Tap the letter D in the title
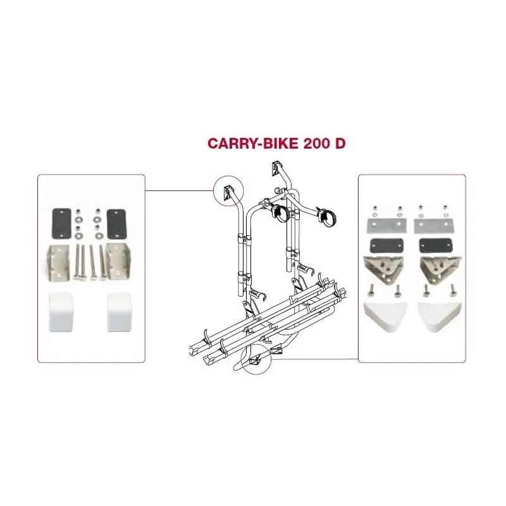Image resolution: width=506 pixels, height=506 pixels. pyautogui.click(x=340, y=143)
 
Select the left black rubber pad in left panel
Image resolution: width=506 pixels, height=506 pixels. pyautogui.click(x=61, y=224)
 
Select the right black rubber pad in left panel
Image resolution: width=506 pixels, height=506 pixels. pyautogui.click(x=116, y=224)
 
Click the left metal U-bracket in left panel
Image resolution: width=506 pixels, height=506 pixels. pyautogui.click(x=59, y=263)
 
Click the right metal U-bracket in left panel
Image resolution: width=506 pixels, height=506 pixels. pyautogui.click(x=118, y=263)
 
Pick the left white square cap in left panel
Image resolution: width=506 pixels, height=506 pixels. pyautogui.click(x=61, y=312)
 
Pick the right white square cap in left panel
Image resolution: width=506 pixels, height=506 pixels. pyautogui.click(x=119, y=312)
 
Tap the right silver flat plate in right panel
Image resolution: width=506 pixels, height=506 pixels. pyautogui.click(x=435, y=225)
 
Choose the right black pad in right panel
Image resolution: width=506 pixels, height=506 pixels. pyautogui.click(x=435, y=246)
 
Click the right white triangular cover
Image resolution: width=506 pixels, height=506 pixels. pyautogui.click(x=439, y=316)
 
